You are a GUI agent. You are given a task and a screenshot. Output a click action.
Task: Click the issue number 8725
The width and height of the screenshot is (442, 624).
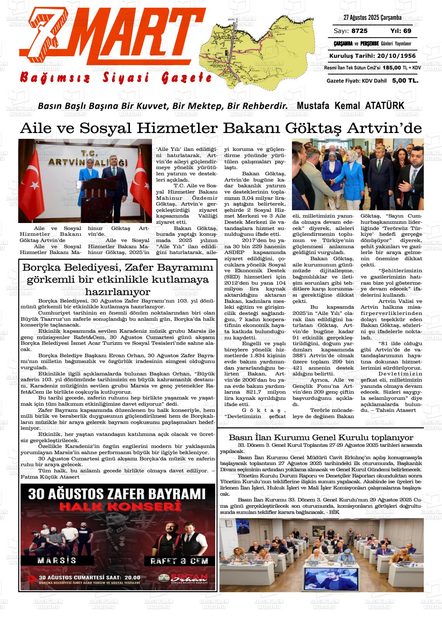click(x=359, y=31)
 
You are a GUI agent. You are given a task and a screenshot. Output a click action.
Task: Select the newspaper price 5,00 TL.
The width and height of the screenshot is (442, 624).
click(x=405, y=81)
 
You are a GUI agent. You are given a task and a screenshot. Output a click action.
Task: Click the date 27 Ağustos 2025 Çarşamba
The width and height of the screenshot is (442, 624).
click(x=372, y=17)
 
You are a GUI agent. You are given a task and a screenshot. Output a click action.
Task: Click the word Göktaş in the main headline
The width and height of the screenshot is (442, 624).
click(x=315, y=128)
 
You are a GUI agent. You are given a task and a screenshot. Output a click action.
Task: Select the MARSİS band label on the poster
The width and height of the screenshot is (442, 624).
click(x=57, y=560)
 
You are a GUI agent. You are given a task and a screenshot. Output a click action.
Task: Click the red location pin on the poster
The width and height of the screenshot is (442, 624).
click(x=32, y=579)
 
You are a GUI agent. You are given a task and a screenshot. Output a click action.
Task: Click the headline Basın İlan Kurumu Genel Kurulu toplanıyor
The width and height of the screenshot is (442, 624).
click(x=321, y=437)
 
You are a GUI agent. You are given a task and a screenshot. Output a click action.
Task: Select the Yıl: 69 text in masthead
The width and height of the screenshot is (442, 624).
click(x=401, y=31)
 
